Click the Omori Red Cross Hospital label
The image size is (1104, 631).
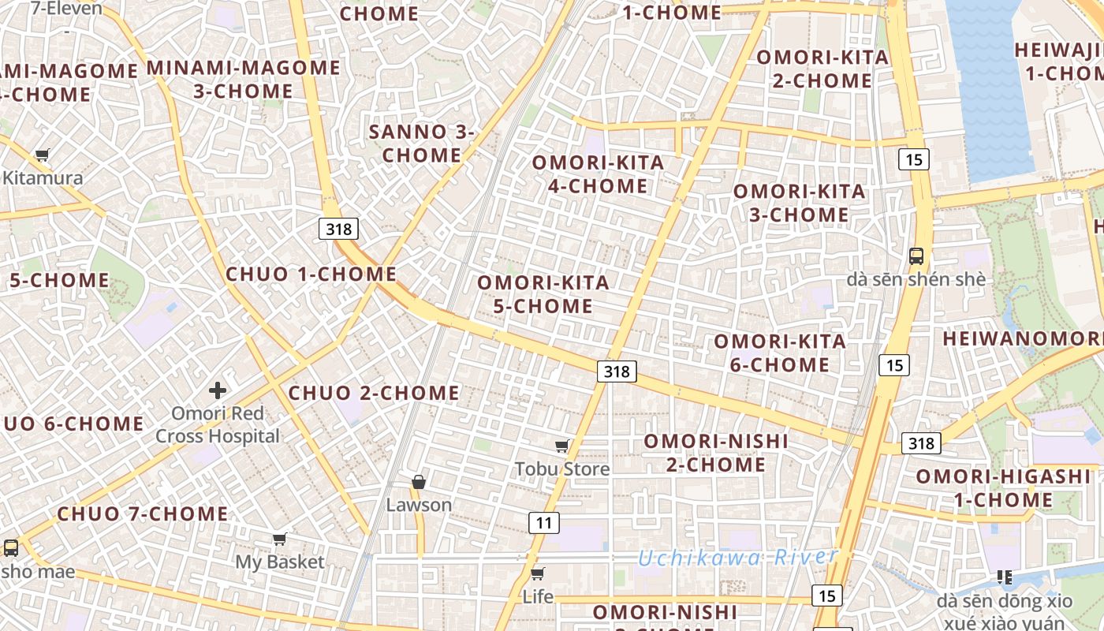[218, 424]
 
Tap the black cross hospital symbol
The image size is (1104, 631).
[218, 390]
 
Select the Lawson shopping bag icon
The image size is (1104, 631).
[419, 481]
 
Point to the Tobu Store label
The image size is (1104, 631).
[562, 469]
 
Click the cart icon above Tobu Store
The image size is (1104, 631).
[562, 446]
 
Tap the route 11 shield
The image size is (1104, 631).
[543, 522]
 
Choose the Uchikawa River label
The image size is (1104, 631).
[737, 558]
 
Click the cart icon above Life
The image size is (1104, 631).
[538, 573]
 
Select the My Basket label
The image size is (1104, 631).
[280, 562]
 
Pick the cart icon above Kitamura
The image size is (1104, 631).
[43, 155]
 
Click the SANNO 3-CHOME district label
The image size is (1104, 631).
[422, 144]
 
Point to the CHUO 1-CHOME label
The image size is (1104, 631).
[311, 274]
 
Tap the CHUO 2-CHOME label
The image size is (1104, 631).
[374, 393]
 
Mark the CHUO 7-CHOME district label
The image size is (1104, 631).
[143, 514]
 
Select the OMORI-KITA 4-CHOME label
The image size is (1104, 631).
[598, 174]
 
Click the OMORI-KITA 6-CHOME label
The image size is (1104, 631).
[780, 353]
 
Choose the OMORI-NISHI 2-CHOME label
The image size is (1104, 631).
[716, 452]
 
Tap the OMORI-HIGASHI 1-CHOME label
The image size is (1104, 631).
[1002, 487]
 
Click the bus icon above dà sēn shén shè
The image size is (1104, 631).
[916, 256]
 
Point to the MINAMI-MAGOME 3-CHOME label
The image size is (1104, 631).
[244, 79]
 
